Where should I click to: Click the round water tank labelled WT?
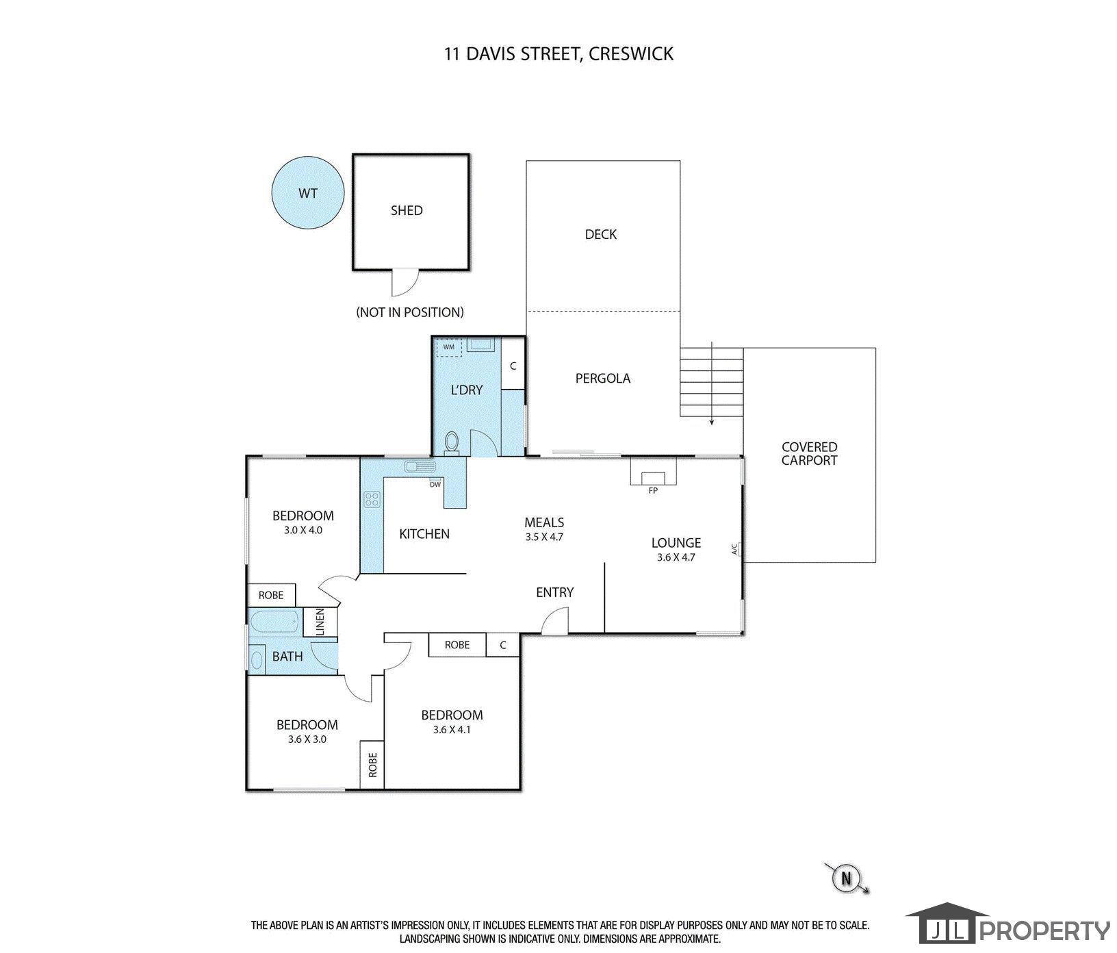(307, 193)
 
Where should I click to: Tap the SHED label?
(407, 211)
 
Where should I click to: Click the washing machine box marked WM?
(449, 347)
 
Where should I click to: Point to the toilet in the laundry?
(452, 442)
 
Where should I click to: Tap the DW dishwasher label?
(435, 485)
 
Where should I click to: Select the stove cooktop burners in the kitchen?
(372, 499)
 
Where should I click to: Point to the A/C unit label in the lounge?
(734, 549)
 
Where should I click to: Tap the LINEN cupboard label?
(320, 623)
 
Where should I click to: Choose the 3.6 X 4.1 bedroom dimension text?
(452, 730)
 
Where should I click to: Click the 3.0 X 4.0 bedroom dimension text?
(303, 530)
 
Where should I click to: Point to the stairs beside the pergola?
(711, 382)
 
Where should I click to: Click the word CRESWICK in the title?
(631, 53)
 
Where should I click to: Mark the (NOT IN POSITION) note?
(410, 312)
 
